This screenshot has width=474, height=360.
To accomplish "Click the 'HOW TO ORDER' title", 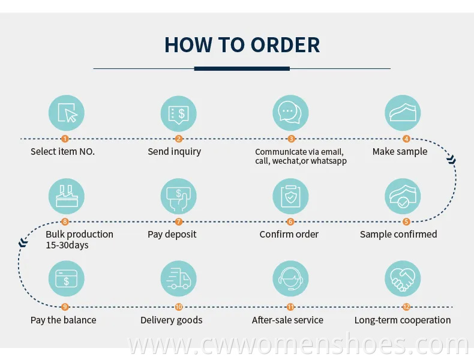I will [x=242, y=45].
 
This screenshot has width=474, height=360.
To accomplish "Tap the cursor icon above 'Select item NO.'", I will [x=66, y=113].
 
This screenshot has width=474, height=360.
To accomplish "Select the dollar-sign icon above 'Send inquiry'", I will [x=178, y=113].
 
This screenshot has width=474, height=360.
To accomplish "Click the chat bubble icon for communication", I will [x=290, y=113].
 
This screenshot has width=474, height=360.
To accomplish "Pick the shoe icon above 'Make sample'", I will [x=403, y=113].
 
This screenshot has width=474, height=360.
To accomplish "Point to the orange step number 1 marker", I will [x=66, y=139].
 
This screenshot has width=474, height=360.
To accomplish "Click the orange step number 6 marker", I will [x=290, y=221].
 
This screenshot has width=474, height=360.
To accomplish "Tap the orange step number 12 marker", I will [x=406, y=307].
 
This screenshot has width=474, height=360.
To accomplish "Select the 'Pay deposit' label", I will [x=172, y=234].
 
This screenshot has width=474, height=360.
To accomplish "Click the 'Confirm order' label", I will [x=289, y=234].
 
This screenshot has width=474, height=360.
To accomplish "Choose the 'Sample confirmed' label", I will [x=398, y=234].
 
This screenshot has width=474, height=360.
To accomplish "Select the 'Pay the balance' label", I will [x=63, y=320].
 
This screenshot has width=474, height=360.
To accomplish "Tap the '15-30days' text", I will [x=67, y=245].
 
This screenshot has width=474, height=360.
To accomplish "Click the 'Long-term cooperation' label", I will [x=403, y=320].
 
